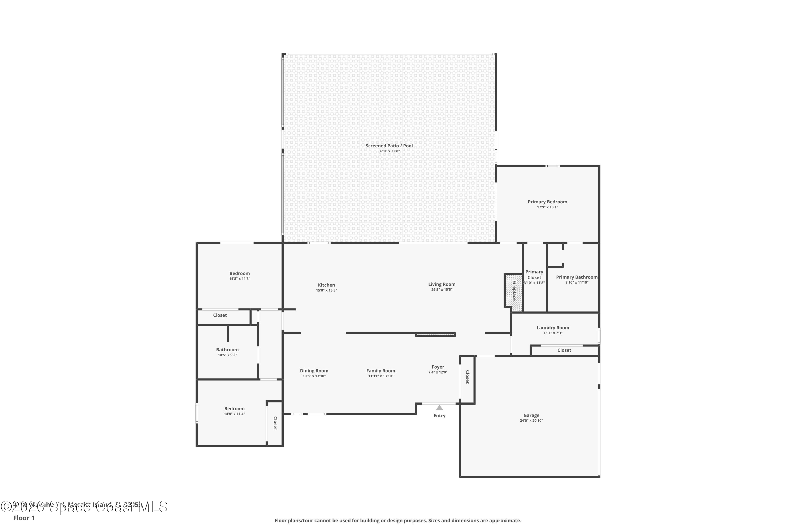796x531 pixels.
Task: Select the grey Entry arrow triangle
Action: click(x=439, y=408)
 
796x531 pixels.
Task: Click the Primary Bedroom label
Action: click(x=547, y=202)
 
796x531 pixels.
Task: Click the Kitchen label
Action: click(x=326, y=285)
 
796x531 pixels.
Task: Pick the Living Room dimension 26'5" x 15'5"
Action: click(x=442, y=290)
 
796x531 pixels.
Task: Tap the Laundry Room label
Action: click(x=553, y=328)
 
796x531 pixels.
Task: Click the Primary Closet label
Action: click(x=534, y=275)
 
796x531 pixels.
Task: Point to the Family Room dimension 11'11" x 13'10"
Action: click(x=380, y=376)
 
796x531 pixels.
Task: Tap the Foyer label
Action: click(x=438, y=367)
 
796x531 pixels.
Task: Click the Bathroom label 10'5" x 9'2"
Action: click(x=227, y=350)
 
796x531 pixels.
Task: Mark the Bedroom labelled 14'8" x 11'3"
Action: click(x=239, y=274)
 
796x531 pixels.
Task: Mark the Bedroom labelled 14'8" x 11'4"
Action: click(x=234, y=409)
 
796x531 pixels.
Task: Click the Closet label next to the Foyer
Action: click(x=467, y=377)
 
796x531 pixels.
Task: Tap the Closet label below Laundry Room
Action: click(x=564, y=350)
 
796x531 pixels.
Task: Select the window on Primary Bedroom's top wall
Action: click(x=552, y=166)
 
